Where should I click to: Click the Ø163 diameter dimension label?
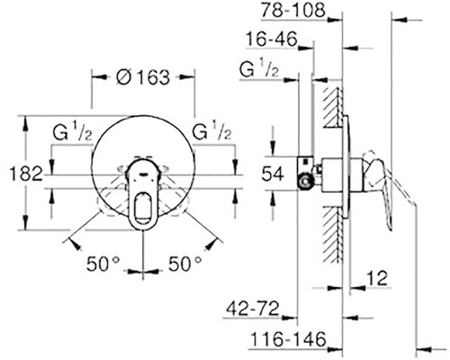point(143,77)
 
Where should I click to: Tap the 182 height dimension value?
point(26,174)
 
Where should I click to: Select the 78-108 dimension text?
point(292,10)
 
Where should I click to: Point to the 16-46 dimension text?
point(272,39)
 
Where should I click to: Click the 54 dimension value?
point(273,174)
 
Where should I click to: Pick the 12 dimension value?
point(377,278)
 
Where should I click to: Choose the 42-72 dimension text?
point(253,309)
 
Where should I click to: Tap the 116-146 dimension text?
point(288,340)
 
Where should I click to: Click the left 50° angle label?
point(103,264)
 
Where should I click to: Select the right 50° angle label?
point(184,264)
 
